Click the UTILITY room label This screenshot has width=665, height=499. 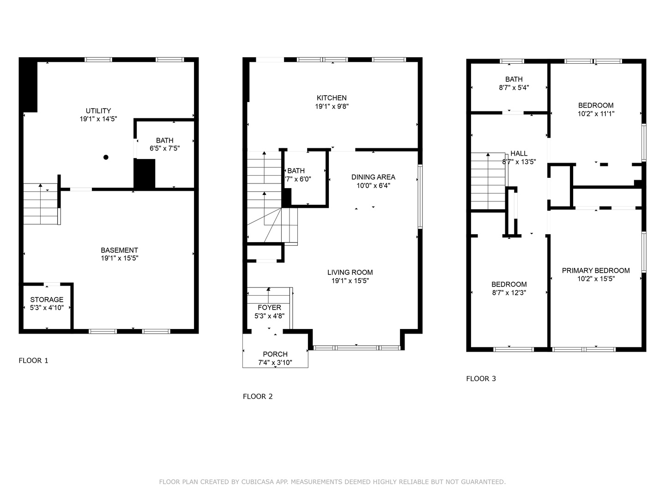[x=98, y=110]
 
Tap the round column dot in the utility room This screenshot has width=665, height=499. [x=106, y=157]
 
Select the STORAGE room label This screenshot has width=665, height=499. [x=47, y=300]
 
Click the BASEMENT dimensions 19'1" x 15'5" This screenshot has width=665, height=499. [x=119, y=258]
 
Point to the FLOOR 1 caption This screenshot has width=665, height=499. [x=33, y=360]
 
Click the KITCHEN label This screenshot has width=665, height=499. [x=332, y=98]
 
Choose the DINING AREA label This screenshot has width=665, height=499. [x=373, y=177]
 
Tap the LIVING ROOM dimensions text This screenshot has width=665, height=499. [x=350, y=280]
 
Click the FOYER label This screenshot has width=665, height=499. [x=269, y=308]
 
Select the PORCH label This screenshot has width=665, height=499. [x=275, y=354]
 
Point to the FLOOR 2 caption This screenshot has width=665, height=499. [x=258, y=396]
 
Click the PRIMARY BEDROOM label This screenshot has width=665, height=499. [x=596, y=271]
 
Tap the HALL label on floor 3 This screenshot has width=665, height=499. [x=519, y=153]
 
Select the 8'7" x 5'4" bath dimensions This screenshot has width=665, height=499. [x=514, y=88]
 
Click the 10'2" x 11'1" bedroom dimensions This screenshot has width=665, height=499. [x=596, y=114]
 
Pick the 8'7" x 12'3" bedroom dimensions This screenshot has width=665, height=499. [x=509, y=292]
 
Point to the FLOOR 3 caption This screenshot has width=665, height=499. [x=481, y=379]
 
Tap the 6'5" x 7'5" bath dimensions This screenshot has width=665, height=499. [x=164, y=148]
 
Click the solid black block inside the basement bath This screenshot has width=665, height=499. [x=145, y=174]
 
